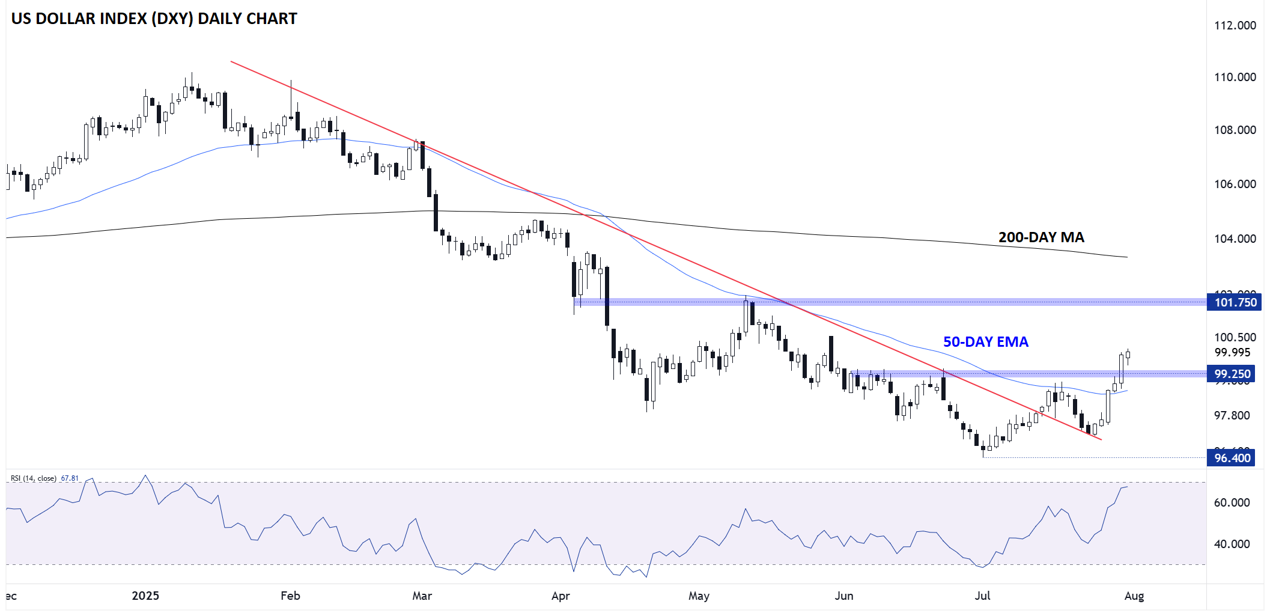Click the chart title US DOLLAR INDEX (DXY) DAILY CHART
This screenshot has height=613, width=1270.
tap(154, 19)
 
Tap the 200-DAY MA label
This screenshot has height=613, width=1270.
tap(1041, 237)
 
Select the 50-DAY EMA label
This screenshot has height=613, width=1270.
tap(985, 342)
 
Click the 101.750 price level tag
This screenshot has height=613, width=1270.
tap(1235, 302)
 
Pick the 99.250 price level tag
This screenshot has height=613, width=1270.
tap(1232, 374)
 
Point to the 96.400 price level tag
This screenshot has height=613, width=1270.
tap(1232, 458)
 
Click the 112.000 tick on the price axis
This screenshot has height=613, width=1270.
tap(1235, 25)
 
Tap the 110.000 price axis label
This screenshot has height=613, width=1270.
tap(1235, 77)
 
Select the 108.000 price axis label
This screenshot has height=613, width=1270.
tap(1235, 130)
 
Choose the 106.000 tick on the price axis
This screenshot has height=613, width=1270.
tap(1235, 184)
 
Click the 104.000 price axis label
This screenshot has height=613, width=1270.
tap(1235, 239)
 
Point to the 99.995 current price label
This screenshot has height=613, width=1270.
tap(1232, 352)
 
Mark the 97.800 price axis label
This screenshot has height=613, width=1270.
tap(1232, 415)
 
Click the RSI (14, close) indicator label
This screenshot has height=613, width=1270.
tap(34, 478)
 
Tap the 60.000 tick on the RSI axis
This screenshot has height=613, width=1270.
tap(1232, 502)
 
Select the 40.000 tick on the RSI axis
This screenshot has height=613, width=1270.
tap(1232, 544)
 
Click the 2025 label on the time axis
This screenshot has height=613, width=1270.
tap(145, 596)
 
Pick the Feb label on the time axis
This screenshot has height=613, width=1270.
tap(290, 596)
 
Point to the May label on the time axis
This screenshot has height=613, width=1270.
tap(699, 596)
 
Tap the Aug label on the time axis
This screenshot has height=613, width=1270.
tap(1134, 596)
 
